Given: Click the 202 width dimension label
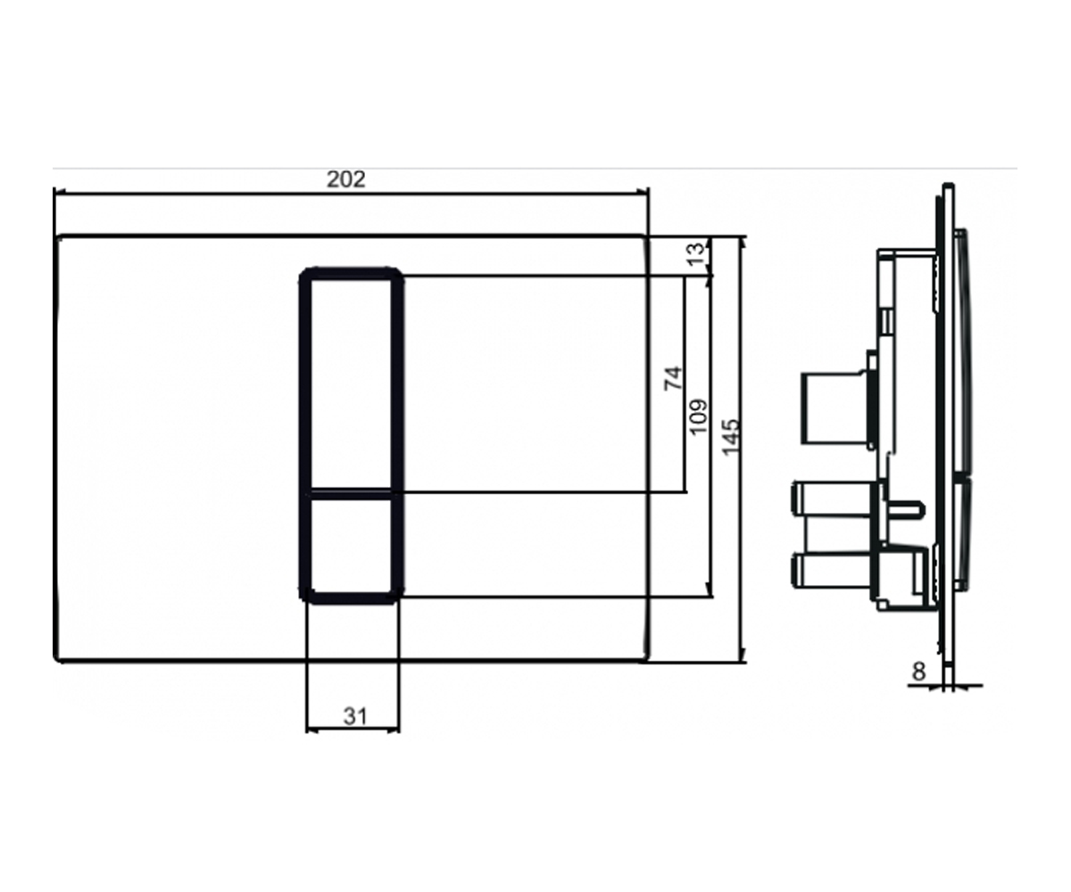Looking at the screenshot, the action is pos(346,179).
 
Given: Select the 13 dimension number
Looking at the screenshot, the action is pos(696,253).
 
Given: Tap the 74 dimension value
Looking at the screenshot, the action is pos(674,378).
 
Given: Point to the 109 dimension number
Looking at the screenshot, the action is pos(699,417).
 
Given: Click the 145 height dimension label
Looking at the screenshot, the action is pos(730,436).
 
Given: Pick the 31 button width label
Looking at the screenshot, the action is pos(355,716).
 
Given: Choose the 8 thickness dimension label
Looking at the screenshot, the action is pos(918,672).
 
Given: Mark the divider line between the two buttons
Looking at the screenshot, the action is pos(352,493).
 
